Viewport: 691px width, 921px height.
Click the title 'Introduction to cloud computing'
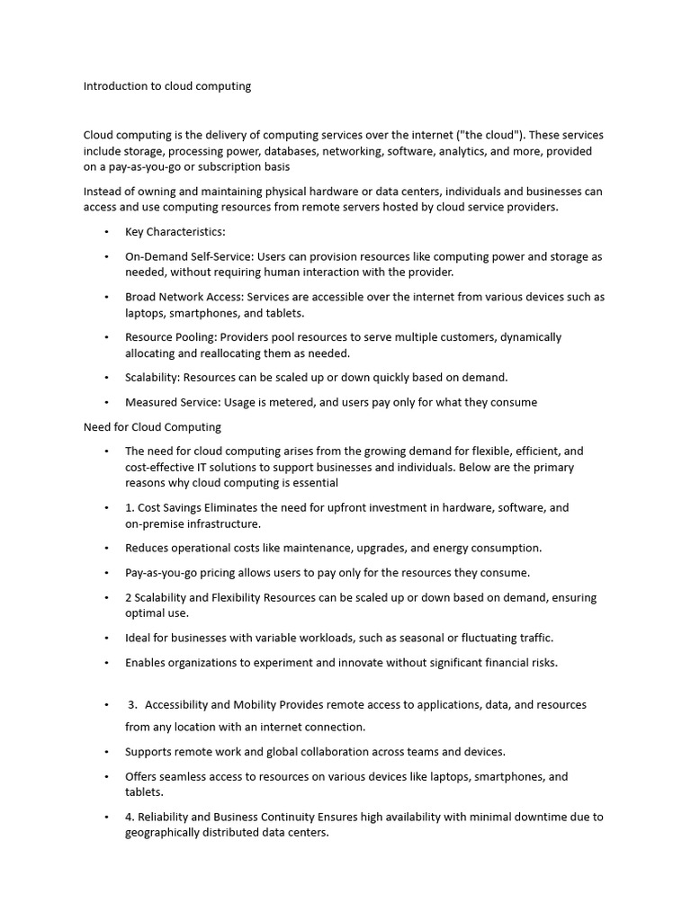[x=167, y=86]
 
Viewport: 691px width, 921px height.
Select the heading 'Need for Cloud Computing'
[x=152, y=426]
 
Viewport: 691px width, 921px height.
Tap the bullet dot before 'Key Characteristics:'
[x=106, y=232]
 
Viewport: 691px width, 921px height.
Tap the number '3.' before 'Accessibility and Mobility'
[x=132, y=704]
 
